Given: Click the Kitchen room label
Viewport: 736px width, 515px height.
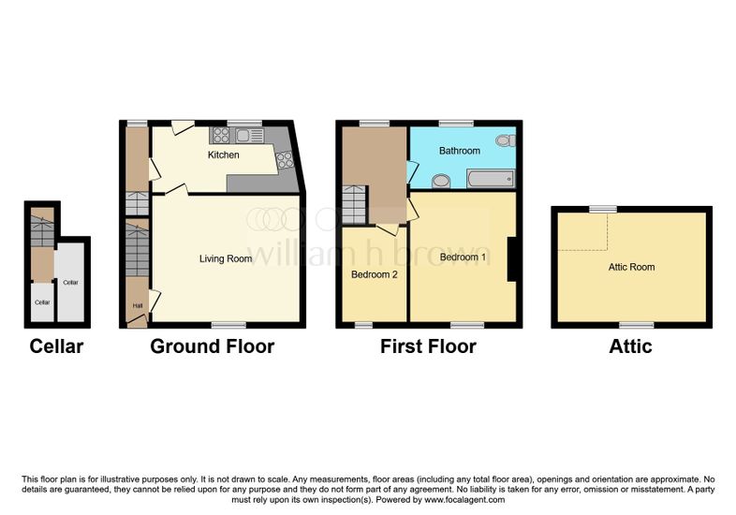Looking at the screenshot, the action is [224, 154].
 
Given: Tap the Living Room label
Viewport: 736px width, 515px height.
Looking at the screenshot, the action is [226, 258].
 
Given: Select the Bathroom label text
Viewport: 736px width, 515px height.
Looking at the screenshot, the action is [460, 151].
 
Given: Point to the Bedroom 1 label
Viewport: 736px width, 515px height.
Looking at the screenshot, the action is [463, 257].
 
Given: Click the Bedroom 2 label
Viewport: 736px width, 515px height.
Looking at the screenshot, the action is [375, 274].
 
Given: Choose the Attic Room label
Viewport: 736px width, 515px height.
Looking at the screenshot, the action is [631, 267].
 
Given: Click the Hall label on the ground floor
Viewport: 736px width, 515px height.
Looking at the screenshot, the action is [138, 305].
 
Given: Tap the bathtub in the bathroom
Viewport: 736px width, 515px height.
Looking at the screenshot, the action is [490, 180].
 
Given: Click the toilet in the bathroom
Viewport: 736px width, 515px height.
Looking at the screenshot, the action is [506, 140].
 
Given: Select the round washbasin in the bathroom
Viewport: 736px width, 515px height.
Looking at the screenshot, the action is [441, 181].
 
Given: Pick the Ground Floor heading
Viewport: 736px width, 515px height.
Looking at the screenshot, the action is [213, 346].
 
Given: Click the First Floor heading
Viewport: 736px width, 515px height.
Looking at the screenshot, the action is [428, 346].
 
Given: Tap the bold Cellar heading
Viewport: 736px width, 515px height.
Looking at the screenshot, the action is [56, 346].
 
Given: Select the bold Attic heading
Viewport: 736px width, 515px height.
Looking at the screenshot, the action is [630, 346].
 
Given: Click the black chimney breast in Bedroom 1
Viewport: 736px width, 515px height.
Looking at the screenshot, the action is [512, 259].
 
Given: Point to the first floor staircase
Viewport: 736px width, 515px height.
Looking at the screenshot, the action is [354, 205].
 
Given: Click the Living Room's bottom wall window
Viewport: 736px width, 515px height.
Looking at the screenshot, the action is [228, 325].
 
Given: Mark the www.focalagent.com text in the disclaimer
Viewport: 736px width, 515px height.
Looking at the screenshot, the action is [464, 500].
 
